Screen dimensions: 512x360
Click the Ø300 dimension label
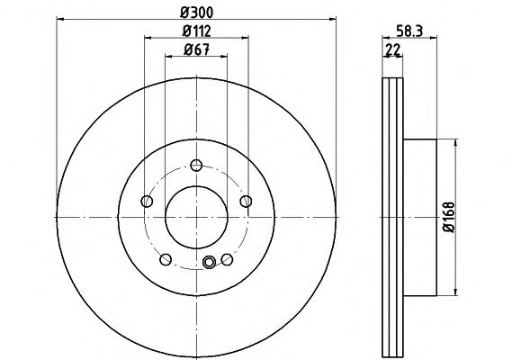click(x=196, y=13)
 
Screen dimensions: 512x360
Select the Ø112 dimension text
click(x=196, y=31)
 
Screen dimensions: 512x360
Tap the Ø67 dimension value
click(x=196, y=49)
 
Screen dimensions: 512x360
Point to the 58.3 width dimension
click(x=409, y=31)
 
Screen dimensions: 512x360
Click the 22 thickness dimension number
click(x=393, y=49)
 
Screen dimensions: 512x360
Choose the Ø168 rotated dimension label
click(x=449, y=217)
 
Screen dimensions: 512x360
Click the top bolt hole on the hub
click(x=196, y=166)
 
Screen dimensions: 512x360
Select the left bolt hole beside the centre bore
click(x=147, y=202)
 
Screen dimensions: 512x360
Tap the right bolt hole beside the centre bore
click(x=246, y=202)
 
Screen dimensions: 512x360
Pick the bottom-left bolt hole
click(x=166, y=259)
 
